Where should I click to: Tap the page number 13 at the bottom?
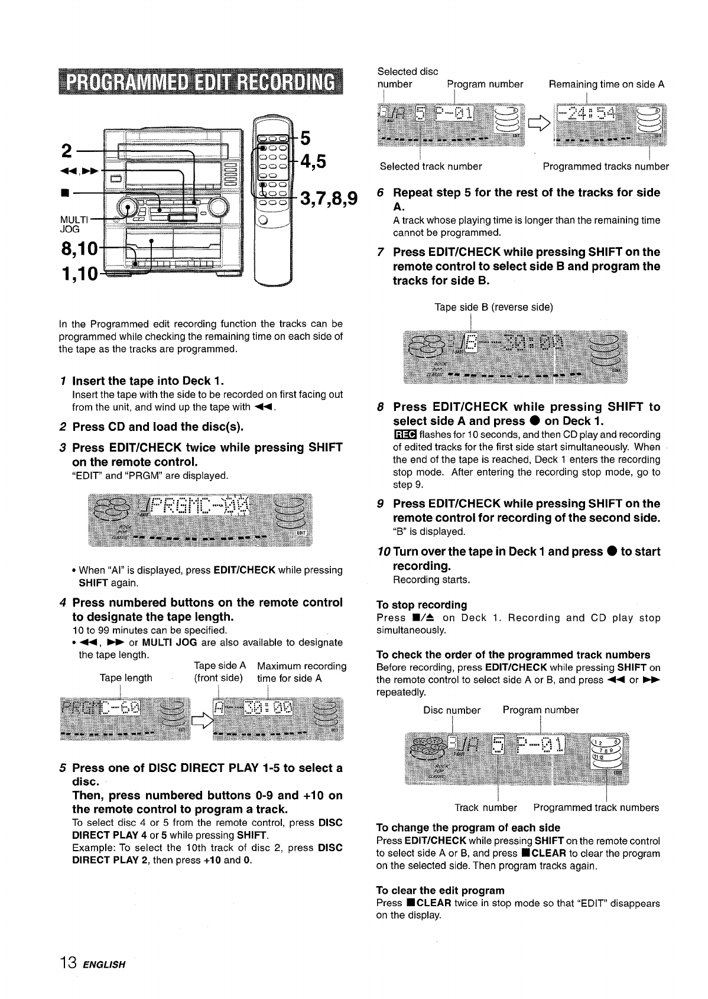(x=68, y=964)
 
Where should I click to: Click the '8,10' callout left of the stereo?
(x=79, y=250)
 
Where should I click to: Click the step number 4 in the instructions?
(x=63, y=603)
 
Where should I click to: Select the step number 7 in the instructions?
(x=381, y=252)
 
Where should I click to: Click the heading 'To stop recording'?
(x=421, y=605)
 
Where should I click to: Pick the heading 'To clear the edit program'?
(x=440, y=890)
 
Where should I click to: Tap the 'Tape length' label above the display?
(x=126, y=678)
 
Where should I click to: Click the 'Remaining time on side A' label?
(x=606, y=84)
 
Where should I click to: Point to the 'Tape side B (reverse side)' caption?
(x=493, y=307)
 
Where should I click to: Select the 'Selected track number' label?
(x=430, y=167)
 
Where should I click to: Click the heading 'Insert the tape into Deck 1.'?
(x=148, y=381)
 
